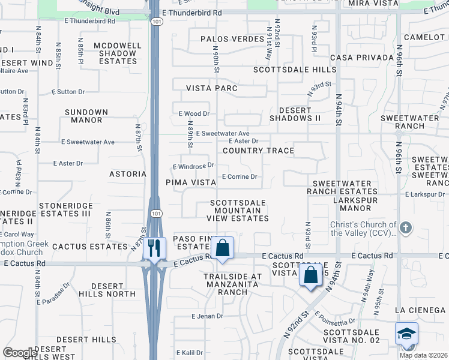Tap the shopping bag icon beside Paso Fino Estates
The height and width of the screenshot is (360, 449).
pyautogui.click(x=223, y=248)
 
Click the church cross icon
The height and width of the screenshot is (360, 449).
pyautogui.click(x=406, y=228)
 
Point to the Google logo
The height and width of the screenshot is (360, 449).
pyautogui.click(x=20, y=352)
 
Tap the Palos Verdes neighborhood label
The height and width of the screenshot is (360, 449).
pyautogui.click(x=232, y=39)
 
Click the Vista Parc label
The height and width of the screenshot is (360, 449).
pyautogui.click(x=212, y=88)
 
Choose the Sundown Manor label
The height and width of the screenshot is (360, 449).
pyautogui.click(x=86, y=116)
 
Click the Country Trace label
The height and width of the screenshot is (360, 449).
pyautogui.click(x=258, y=151)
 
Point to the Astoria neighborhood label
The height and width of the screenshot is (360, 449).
pyautogui.click(x=127, y=174)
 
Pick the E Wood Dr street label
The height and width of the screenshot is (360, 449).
pyautogui.click(x=194, y=113)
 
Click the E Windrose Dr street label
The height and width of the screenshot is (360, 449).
pyautogui.click(x=193, y=166)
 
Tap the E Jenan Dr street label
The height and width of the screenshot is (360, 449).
pyautogui.click(x=207, y=316)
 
